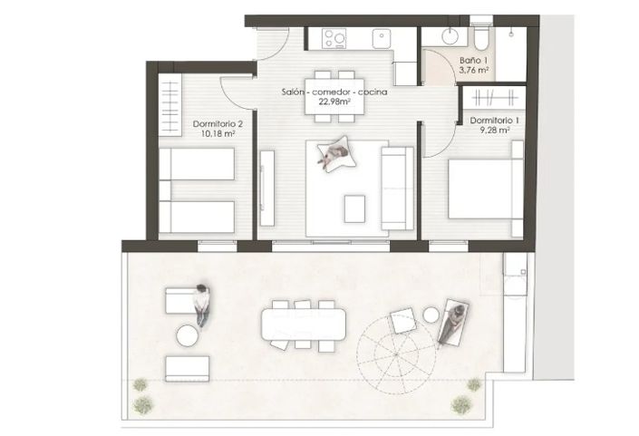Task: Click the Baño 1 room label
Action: coord(473,61)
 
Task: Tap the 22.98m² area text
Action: coord(334,102)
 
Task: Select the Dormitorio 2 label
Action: coord(218,123)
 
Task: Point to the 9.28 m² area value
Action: coord(495,131)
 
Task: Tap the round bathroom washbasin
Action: coord(451,35)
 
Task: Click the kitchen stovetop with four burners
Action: coord(334,39)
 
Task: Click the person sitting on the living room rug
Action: coord(334,153)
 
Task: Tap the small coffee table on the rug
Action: coord(354,208)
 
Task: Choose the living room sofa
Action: coord(397,189)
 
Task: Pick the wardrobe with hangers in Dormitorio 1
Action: coord(494,98)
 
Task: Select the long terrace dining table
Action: coord(304,324)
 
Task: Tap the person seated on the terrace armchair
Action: coord(202,305)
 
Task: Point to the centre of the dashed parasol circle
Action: coord(395,354)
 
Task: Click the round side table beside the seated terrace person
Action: coord(188,335)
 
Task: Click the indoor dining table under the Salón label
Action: coord(335,97)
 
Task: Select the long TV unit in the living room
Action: coord(266,188)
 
